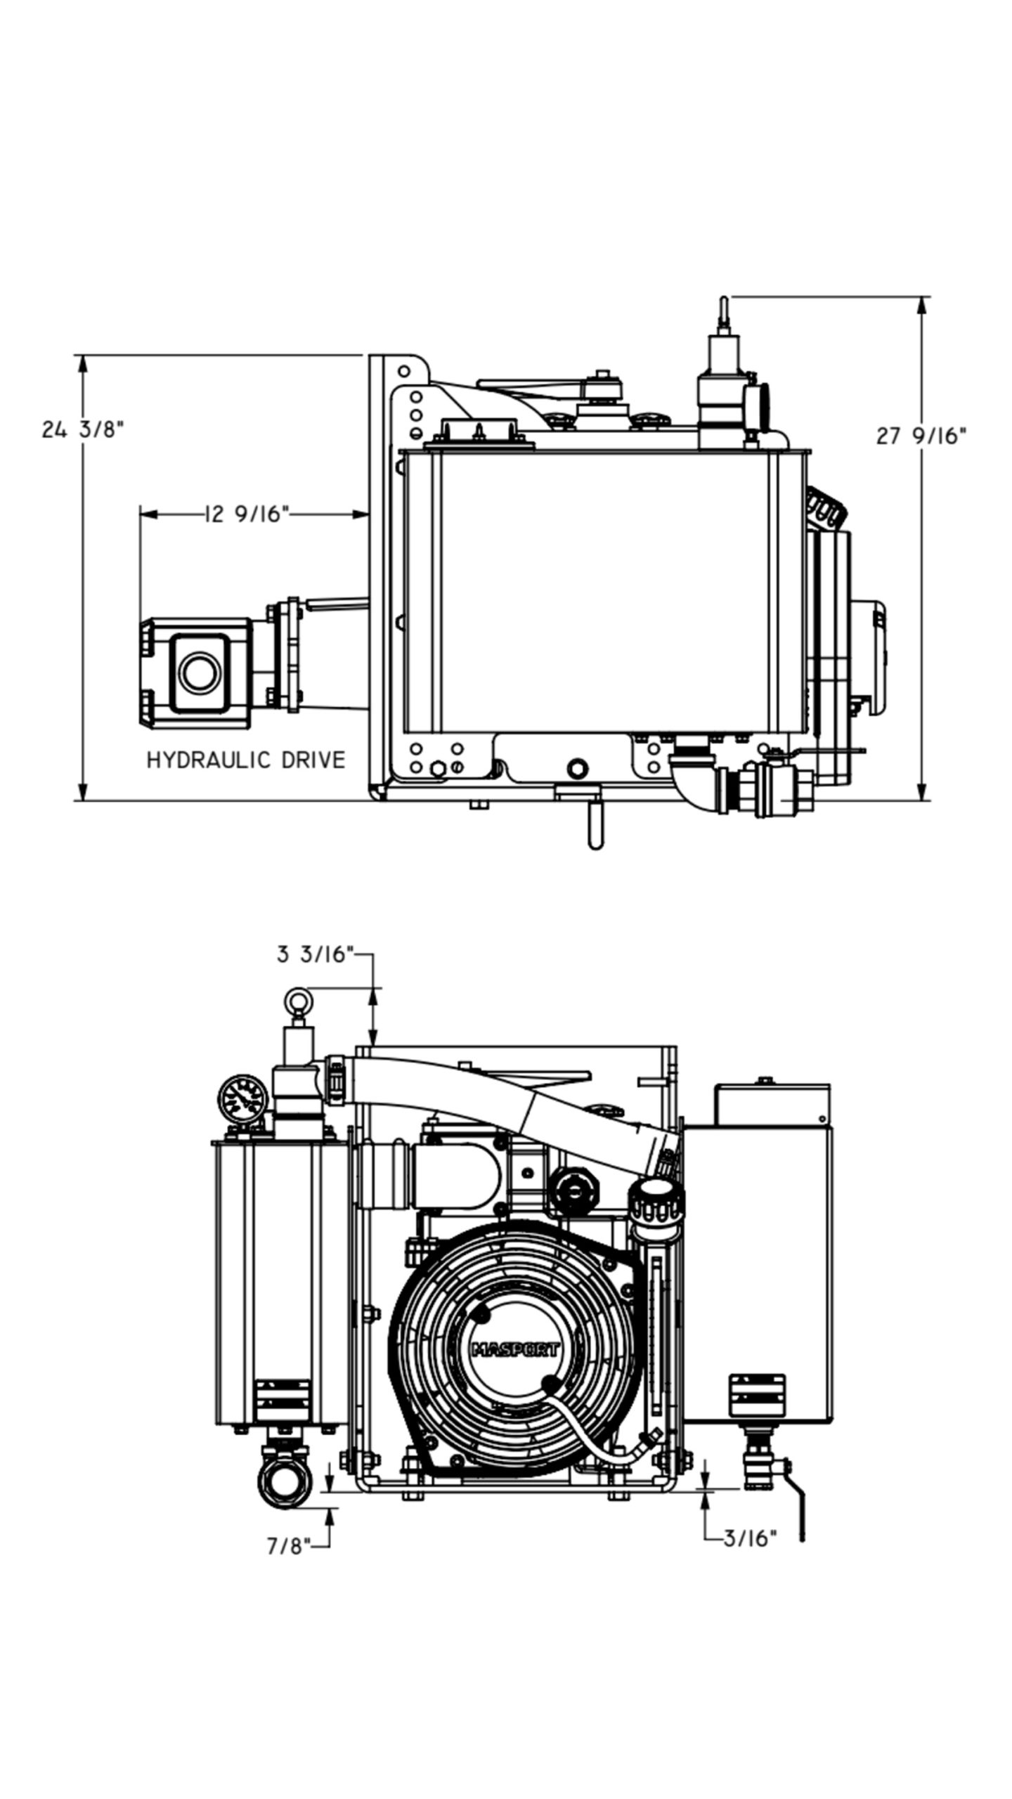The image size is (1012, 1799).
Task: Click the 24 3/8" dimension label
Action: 82,429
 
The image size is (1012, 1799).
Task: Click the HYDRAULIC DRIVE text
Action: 245,760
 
